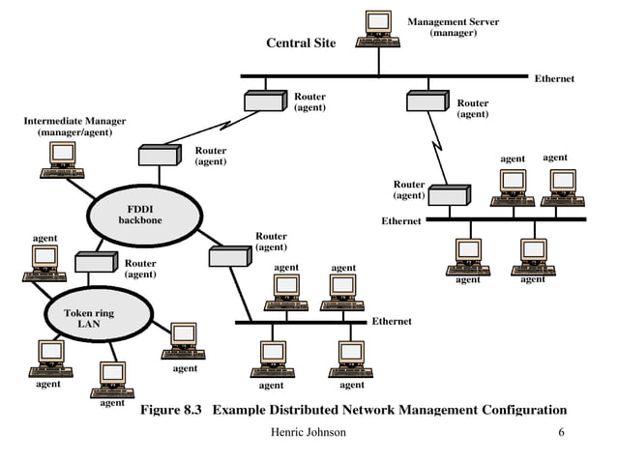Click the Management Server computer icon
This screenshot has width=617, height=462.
click(x=378, y=27)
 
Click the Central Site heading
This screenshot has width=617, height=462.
click(x=301, y=43)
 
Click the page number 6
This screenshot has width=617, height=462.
click(x=561, y=431)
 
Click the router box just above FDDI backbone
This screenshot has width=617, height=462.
click(x=160, y=155)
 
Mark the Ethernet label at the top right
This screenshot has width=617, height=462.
click(x=554, y=79)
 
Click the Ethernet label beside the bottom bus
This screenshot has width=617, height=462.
click(x=392, y=321)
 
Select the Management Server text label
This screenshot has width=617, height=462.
click(x=453, y=26)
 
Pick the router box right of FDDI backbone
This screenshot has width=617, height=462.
click(x=229, y=256)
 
